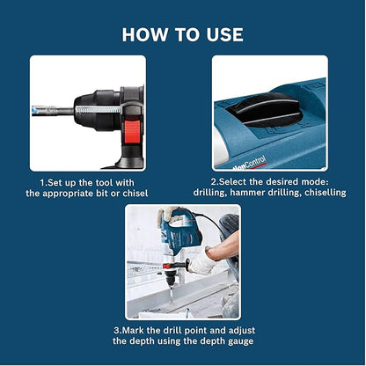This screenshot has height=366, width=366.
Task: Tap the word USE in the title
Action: click(220, 34)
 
